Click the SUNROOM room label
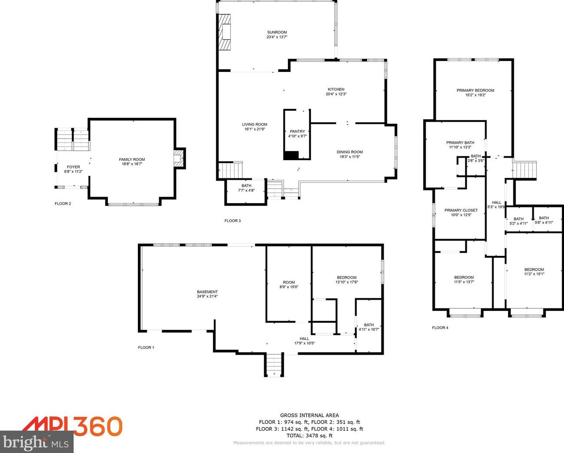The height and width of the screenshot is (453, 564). (x=277, y=32)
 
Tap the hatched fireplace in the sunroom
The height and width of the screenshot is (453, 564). (x=225, y=32)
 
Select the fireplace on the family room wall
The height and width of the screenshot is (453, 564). (x=179, y=158)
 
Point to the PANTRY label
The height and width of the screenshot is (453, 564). (x=297, y=132)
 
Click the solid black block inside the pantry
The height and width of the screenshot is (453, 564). (x=291, y=155)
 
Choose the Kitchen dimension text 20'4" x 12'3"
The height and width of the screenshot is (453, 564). (x=336, y=94)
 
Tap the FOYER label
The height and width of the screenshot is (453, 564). (x=73, y=167)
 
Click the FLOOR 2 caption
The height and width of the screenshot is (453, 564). (x=63, y=204)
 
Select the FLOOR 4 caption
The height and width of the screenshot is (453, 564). (x=440, y=327)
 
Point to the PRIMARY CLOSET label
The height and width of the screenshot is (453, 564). (x=461, y=210)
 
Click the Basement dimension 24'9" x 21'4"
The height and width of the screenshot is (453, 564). (x=207, y=296)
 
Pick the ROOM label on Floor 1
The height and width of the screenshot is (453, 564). (x=289, y=282)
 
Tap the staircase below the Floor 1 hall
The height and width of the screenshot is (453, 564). (x=274, y=365)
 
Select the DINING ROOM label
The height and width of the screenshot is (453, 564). (x=349, y=152)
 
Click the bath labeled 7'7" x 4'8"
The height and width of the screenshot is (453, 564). (x=246, y=192)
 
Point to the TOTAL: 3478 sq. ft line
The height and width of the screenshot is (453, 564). (x=310, y=436)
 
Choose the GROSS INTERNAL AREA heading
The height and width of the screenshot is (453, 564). (x=310, y=415)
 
